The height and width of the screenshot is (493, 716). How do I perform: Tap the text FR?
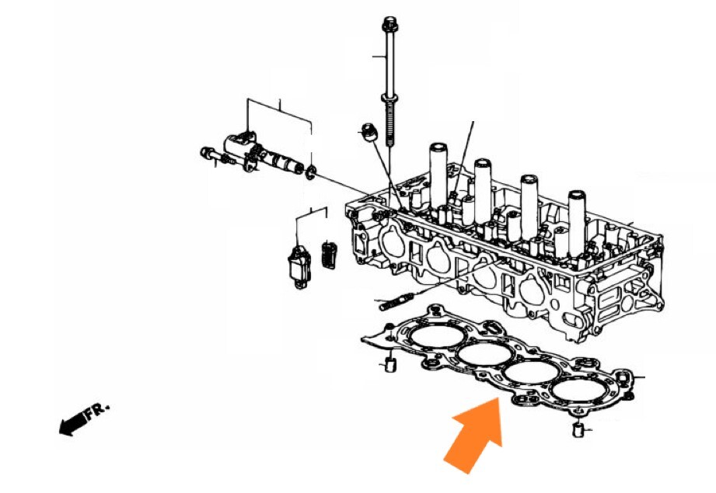pyautogui.click(x=97, y=410)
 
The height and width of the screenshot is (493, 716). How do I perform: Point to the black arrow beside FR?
pyautogui.click(x=72, y=424)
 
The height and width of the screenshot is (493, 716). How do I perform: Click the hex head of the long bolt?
pyautogui.click(x=389, y=22)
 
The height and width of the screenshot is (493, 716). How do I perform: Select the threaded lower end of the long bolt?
pyautogui.click(x=389, y=123)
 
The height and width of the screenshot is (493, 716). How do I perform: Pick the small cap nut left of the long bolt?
pyautogui.click(x=368, y=131)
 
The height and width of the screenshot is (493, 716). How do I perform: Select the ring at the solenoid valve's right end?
pyautogui.click(x=310, y=172)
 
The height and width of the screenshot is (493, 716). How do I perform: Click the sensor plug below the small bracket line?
pyautogui.click(x=299, y=267)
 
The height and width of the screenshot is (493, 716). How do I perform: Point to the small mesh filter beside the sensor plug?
pyautogui.click(x=330, y=254)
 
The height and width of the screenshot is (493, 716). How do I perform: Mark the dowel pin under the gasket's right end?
pyautogui.click(x=578, y=429)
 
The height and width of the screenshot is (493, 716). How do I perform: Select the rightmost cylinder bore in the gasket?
pyautogui.click(x=578, y=391)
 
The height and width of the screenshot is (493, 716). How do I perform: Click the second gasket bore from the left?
pyautogui.click(x=485, y=354)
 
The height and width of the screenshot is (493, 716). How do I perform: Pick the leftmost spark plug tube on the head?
pyautogui.click(x=438, y=178)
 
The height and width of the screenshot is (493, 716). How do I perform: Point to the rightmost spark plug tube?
pyautogui.click(x=577, y=224)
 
